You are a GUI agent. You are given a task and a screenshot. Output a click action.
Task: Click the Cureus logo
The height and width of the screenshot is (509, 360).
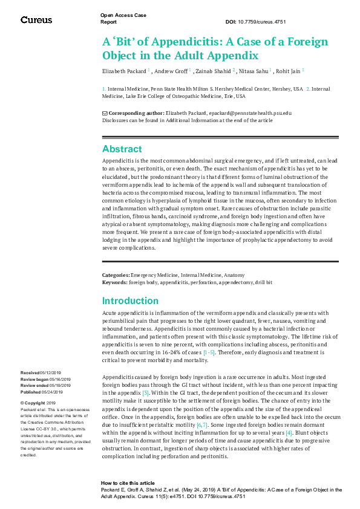(36, 20)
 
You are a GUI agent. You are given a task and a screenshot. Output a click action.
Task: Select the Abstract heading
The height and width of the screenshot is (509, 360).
(122, 149)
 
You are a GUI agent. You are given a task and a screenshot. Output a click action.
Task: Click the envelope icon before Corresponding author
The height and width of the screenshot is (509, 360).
(105, 113)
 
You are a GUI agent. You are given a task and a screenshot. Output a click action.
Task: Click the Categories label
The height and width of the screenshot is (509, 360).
(116, 276)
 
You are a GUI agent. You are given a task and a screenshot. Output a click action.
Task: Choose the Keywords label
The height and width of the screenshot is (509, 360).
(114, 282)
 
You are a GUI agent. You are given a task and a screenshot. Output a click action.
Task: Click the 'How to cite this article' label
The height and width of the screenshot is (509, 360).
(128, 484)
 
